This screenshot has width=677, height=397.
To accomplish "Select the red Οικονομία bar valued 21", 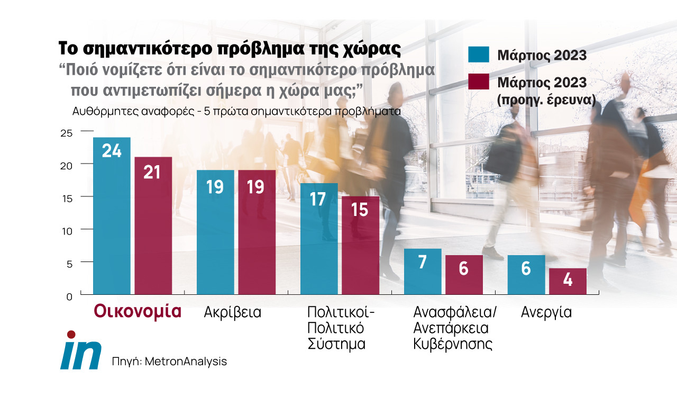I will [x=153, y=225].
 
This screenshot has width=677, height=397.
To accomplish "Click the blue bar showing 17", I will [x=319, y=238].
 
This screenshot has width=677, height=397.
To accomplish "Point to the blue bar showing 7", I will [x=422, y=271].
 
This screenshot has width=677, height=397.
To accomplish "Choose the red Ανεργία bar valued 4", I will [x=568, y=281].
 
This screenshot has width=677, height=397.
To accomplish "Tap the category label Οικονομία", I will [x=138, y=311].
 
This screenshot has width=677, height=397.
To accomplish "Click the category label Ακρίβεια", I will [x=233, y=312].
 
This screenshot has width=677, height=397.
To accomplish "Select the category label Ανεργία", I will [x=546, y=312].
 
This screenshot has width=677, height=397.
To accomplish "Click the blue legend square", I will [x=479, y=55].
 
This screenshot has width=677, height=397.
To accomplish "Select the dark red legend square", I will [x=479, y=82].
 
